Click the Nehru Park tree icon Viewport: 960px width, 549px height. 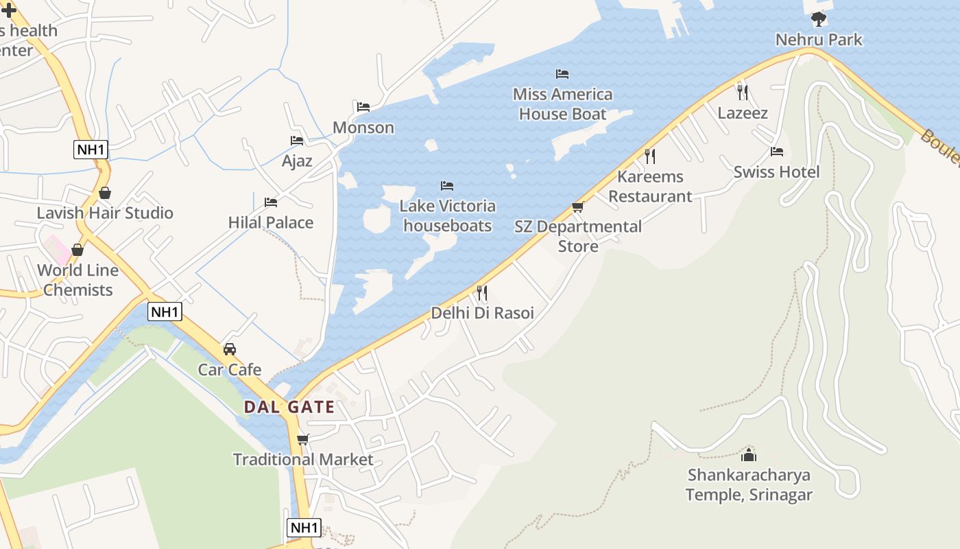point(818,19)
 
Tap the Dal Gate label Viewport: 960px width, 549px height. point(289,407)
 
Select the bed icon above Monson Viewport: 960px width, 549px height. point(363,106)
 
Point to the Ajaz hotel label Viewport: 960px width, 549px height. point(297,161)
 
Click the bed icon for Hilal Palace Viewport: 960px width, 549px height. point(271,202)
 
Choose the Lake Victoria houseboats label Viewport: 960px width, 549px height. point(447,215)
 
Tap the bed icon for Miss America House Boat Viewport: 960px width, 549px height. point(562,73)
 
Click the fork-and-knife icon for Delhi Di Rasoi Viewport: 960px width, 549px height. point(482,293)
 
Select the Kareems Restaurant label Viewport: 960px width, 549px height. point(650,186)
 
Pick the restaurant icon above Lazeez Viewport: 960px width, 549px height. point(742,91)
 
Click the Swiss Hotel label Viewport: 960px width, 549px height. point(776,172)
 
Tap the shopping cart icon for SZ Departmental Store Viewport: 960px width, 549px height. point(578,207)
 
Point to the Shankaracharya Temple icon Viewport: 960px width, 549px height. point(749,454)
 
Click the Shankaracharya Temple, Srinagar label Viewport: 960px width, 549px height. point(749,484)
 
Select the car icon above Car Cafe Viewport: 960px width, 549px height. point(230,349)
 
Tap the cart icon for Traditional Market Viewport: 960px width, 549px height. point(302,439)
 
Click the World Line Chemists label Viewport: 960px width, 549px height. point(77,280)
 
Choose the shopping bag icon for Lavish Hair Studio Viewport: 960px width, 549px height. point(105,193)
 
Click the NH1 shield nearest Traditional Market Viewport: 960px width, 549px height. point(304,527)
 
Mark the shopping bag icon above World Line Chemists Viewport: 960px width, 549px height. point(77,250)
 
